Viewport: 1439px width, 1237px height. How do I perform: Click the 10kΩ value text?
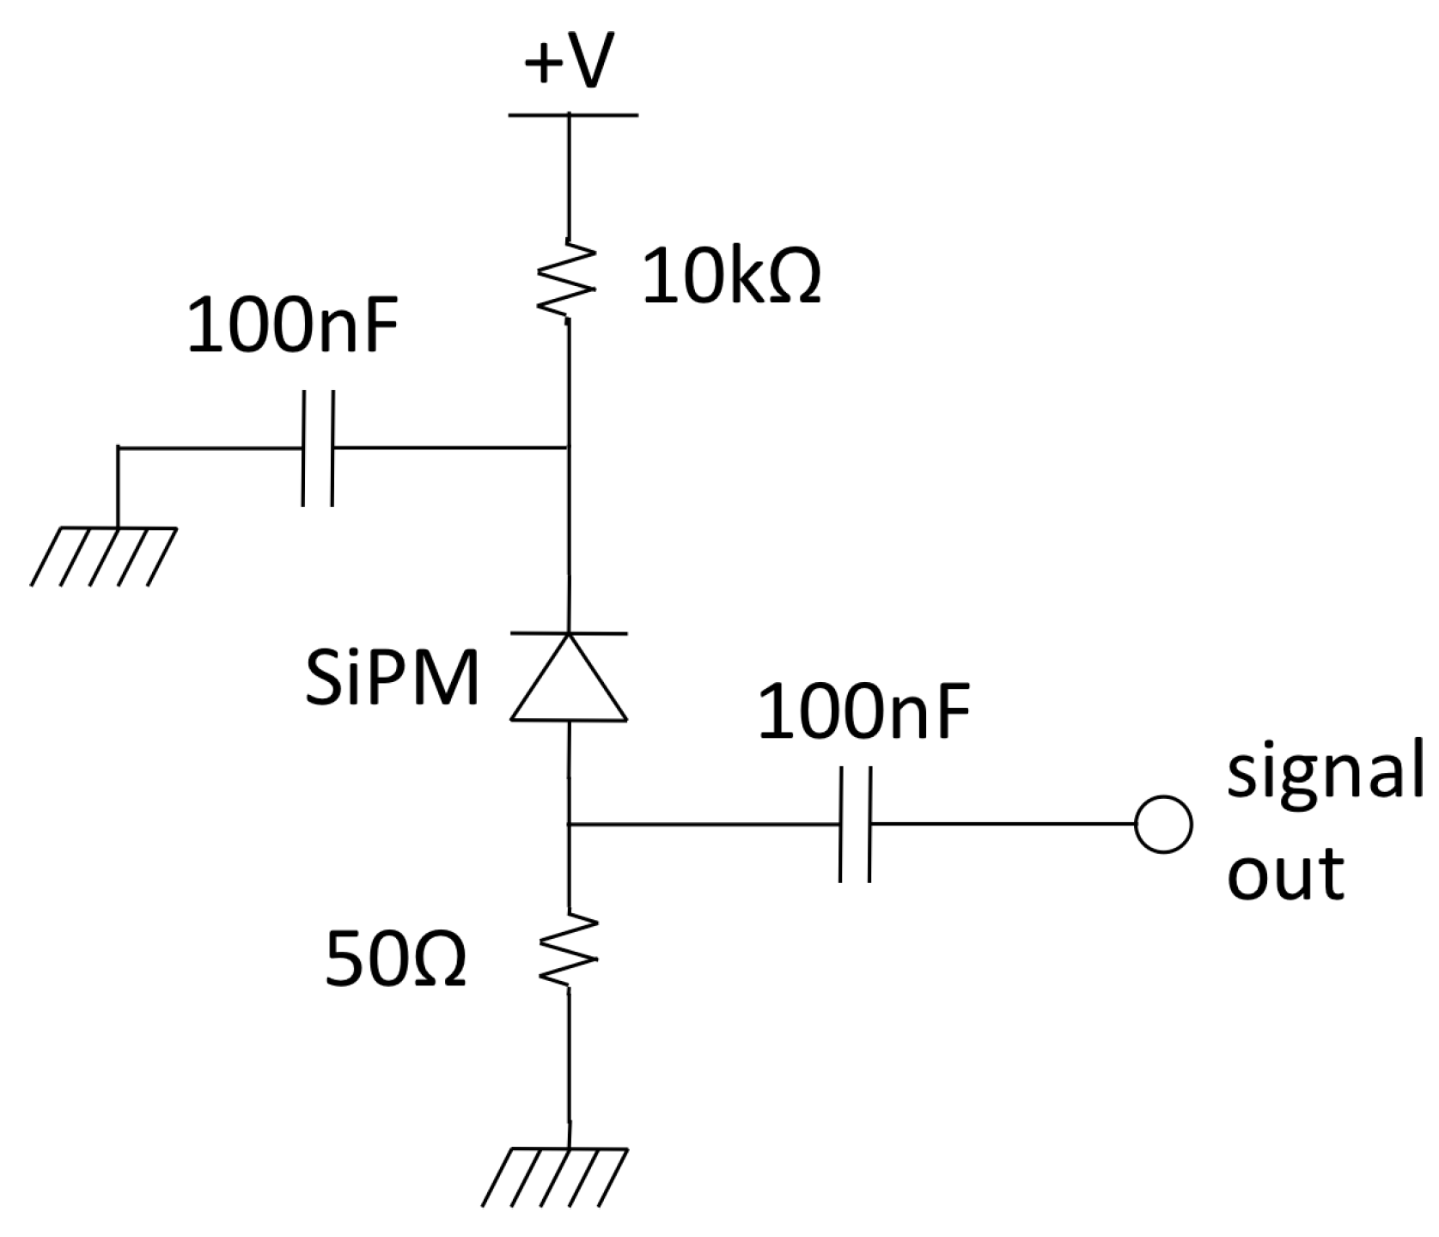732,277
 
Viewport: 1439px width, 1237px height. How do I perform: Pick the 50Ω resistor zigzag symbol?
568,949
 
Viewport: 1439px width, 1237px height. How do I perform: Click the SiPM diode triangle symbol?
570,679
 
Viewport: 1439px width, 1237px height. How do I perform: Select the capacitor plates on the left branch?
317,448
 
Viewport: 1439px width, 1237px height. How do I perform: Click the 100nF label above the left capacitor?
294,327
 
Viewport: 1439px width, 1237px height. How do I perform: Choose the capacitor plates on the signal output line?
856,825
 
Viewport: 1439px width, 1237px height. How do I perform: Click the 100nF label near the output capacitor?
863,713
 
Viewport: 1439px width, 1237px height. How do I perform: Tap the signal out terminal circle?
1162,825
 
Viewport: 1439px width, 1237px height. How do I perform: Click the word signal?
1324,773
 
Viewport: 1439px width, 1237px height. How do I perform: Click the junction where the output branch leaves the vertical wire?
569,825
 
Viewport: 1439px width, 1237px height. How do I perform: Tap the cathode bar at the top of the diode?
569,634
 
